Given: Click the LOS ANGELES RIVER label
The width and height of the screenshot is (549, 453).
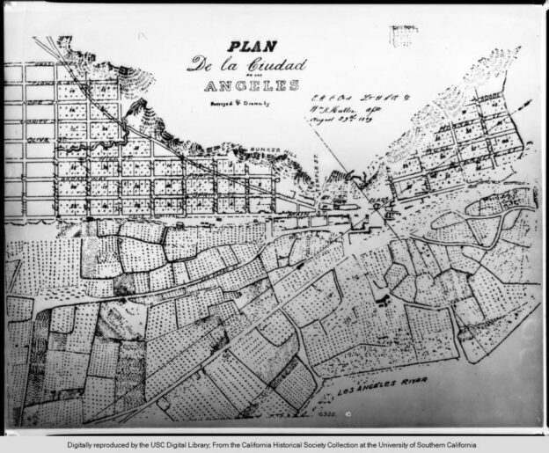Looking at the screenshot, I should tap(384, 382).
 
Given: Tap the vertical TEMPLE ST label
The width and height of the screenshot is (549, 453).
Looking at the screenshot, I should tap(314, 182).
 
